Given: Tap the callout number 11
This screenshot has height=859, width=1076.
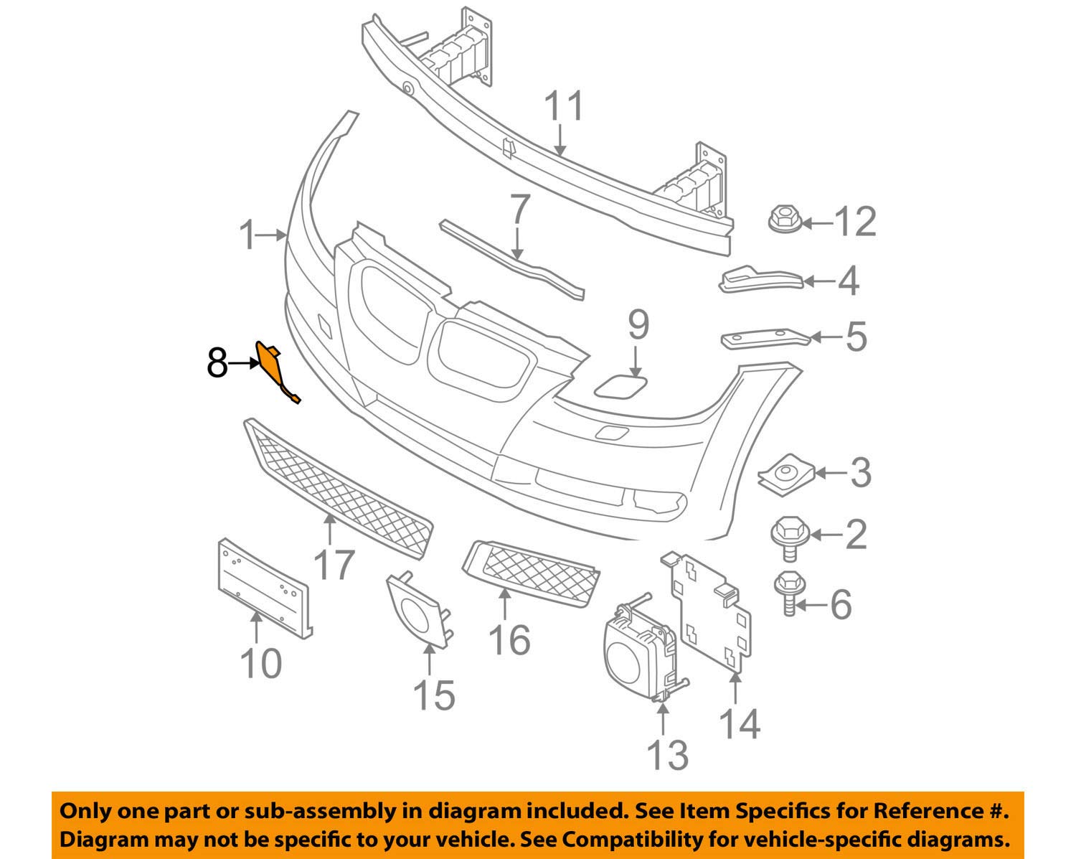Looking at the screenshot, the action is tap(564, 105).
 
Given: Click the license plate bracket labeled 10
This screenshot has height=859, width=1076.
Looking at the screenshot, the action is tap(264, 589).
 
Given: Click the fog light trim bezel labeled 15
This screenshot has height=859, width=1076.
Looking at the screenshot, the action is tap(418, 611).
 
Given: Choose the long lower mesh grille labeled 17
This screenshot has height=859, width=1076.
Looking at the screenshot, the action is tap(338, 488).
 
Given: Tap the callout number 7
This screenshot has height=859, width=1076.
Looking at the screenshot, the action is tap(519, 210).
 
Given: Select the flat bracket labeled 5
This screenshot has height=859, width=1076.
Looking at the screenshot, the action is tap(765, 339).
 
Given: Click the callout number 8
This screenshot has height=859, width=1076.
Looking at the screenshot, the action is tap(217, 364).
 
